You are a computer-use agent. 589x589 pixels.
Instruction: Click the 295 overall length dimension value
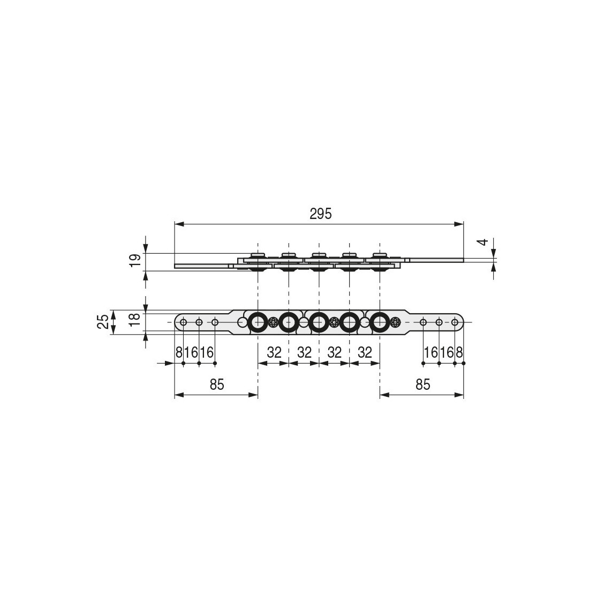pos(321,214)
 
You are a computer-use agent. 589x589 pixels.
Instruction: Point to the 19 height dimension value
pos(135,260)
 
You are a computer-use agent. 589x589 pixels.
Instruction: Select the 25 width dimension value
pos(104,322)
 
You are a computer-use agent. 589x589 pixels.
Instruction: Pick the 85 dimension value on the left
pos(217,384)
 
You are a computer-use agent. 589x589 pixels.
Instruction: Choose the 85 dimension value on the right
pos(422,384)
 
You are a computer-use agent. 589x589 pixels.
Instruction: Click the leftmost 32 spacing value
pos(274,352)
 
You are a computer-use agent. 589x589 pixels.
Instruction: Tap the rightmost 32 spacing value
pos(365,352)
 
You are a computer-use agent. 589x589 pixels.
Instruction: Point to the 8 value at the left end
pos(179,352)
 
